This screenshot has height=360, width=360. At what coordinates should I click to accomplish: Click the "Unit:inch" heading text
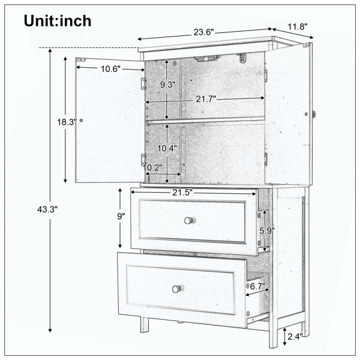pos(58,21)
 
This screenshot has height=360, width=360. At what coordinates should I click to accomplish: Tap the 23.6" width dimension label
pos(203,32)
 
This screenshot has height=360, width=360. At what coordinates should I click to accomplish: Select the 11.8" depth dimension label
pos(298,27)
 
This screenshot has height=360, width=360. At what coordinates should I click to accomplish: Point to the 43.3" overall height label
pos(47,209)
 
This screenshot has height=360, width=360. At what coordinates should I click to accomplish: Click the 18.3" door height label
pos(67,122)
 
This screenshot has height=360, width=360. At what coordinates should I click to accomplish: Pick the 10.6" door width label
pos(110,69)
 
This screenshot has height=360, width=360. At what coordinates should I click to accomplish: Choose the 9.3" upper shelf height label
pos(168,85)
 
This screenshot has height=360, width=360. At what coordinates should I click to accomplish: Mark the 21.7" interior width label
pos(206,99)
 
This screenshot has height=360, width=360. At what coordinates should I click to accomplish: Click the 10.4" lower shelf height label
pos(167,149)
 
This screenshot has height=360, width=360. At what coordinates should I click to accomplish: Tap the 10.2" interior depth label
pos(152,167)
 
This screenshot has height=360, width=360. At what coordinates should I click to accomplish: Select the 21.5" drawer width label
pos(182,193)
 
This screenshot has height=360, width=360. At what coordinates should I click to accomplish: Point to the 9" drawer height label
pos(121,216)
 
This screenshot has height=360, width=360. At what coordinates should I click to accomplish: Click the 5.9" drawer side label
pos(267,231)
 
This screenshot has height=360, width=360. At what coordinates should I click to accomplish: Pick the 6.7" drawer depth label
pos(257,286)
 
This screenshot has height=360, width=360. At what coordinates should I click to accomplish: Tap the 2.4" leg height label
pos(295,337)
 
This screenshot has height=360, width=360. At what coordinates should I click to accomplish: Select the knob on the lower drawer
pos(176,289)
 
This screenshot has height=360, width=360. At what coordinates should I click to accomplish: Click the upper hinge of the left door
pos(143,83)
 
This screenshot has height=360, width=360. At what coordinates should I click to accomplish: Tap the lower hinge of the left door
pos(143,159)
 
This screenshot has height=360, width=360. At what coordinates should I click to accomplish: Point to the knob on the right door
pos(313,113)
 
